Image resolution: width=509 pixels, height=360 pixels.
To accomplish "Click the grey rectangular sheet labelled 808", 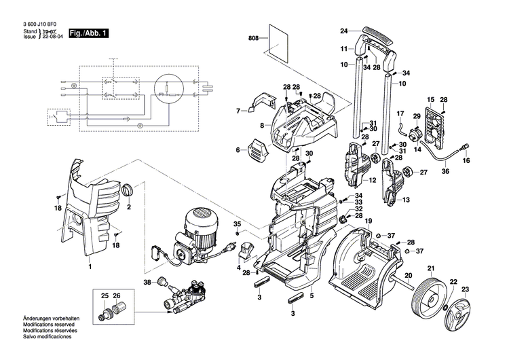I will pyautogui.click(x=279, y=41).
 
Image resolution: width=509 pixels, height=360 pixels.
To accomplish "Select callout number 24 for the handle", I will pyautogui.click(x=343, y=31).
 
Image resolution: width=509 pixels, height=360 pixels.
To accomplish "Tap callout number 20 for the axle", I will pyautogui.click(x=409, y=275).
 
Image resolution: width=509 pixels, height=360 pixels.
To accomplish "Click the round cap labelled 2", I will pyautogui.click(x=129, y=190).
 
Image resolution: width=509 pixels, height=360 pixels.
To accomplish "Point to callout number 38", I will pyautogui.click(x=147, y=282).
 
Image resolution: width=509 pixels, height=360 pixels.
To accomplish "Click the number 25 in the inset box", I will pyautogui.click(x=105, y=296).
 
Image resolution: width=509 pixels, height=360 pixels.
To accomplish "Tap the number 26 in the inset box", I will pyautogui.click(x=116, y=296).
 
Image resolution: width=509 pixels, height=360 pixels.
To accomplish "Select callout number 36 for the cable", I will pyautogui.click(x=445, y=172).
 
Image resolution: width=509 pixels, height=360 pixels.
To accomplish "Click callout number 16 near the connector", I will pyautogui.click(x=466, y=161).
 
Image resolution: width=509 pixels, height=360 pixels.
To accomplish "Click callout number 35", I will pyautogui.click(x=237, y=224).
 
